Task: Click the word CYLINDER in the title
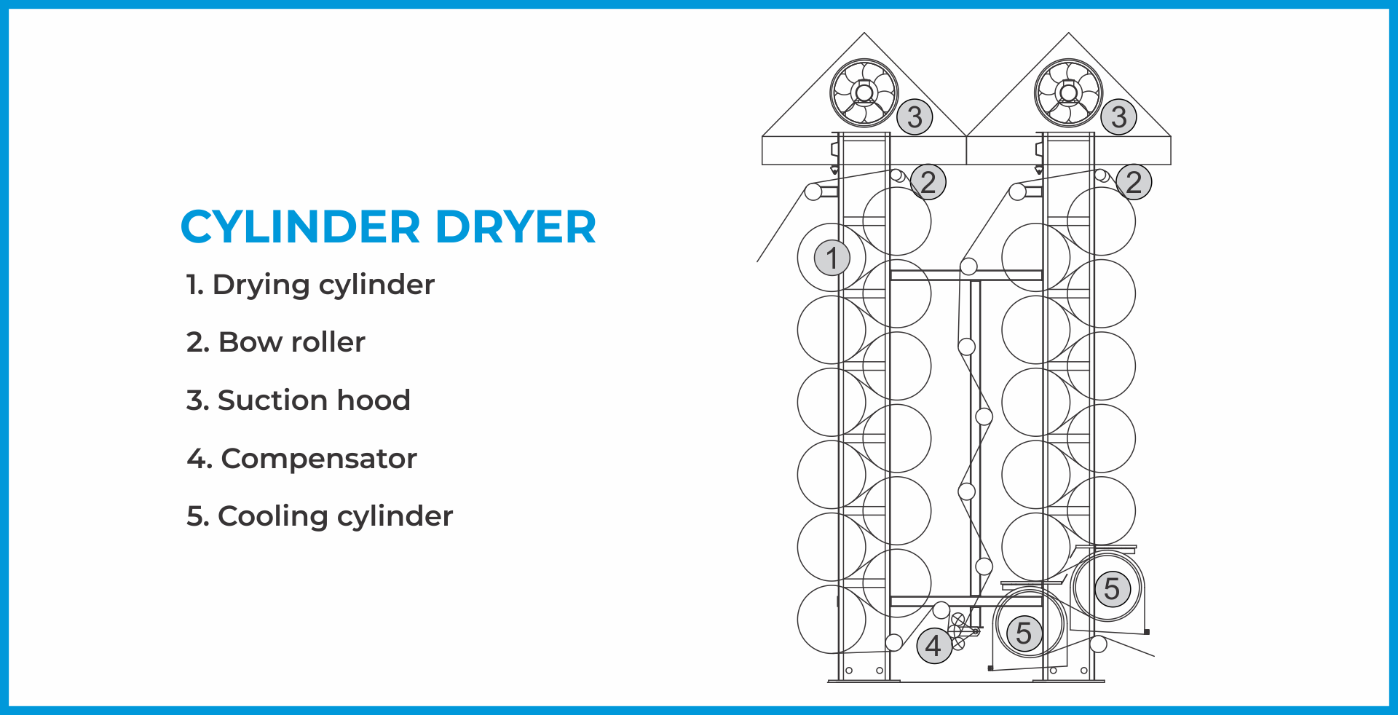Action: (300, 226)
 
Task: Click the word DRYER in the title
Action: (516, 226)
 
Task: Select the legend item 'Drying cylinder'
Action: (311, 285)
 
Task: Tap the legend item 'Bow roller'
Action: (276, 342)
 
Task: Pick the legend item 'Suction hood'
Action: (299, 400)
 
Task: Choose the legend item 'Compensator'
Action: (302, 459)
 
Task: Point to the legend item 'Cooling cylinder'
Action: (320, 516)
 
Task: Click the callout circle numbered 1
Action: (832, 258)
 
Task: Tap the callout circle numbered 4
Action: (934, 646)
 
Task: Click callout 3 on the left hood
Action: (915, 117)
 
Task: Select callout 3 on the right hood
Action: (1119, 117)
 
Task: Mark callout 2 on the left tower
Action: (928, 182)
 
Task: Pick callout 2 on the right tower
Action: (1134, 182)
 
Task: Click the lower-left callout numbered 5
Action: (1024, 633)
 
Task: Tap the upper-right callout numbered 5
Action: (1112, 588)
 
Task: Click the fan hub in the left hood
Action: (864, 93)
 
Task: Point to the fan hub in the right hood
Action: (1068, 93)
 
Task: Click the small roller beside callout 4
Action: (894, 642)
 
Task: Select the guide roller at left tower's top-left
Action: (813, 191)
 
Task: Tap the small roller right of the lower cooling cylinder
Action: (1098, 644)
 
